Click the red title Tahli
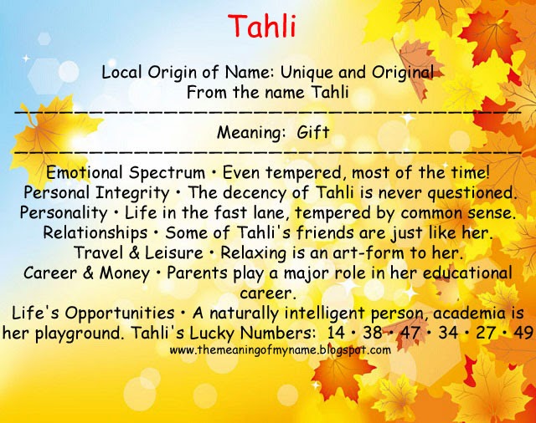tap(268, 28)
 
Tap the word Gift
tap(313, 132)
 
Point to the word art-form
tap(372, 252)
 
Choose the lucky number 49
tap(523, 333)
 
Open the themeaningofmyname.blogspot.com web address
tap(280, 350)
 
